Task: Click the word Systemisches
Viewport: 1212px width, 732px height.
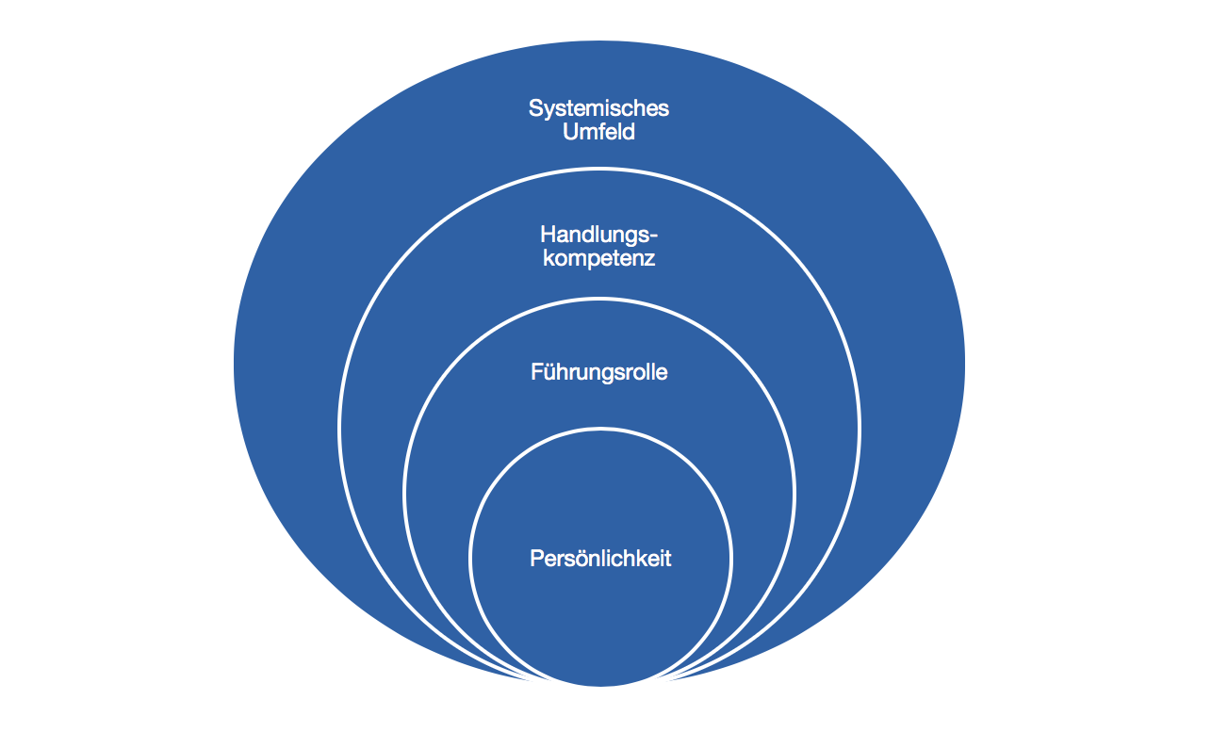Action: click(598, 108)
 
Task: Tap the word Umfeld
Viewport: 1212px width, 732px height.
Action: click(598, 133)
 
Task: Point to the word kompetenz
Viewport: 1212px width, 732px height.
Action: click(598, 258)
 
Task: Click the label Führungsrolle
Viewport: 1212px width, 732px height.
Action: click(598, 372)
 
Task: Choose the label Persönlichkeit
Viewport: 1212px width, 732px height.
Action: click(600, 559)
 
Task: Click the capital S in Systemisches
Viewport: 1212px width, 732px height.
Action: click(535, 108)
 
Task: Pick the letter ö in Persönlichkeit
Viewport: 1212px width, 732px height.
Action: click(574, 559)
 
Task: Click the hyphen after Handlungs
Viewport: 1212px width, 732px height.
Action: click(654, 236)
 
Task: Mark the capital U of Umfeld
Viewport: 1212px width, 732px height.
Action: click(569, 133)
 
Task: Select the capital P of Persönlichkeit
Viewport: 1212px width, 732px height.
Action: click(536, 559)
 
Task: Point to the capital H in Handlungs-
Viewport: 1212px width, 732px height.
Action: click(548, 234)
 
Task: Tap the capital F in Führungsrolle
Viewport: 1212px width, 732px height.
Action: click(536, 372)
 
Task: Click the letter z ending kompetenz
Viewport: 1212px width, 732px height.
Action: click(649, 259)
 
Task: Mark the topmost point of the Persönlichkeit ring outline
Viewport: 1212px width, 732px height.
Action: click(599, 429)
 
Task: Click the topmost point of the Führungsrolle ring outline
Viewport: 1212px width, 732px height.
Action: click(599, 300)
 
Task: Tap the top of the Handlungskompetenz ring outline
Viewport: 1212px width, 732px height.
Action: click(599, 169)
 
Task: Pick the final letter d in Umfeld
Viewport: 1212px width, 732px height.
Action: click(629, 133)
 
